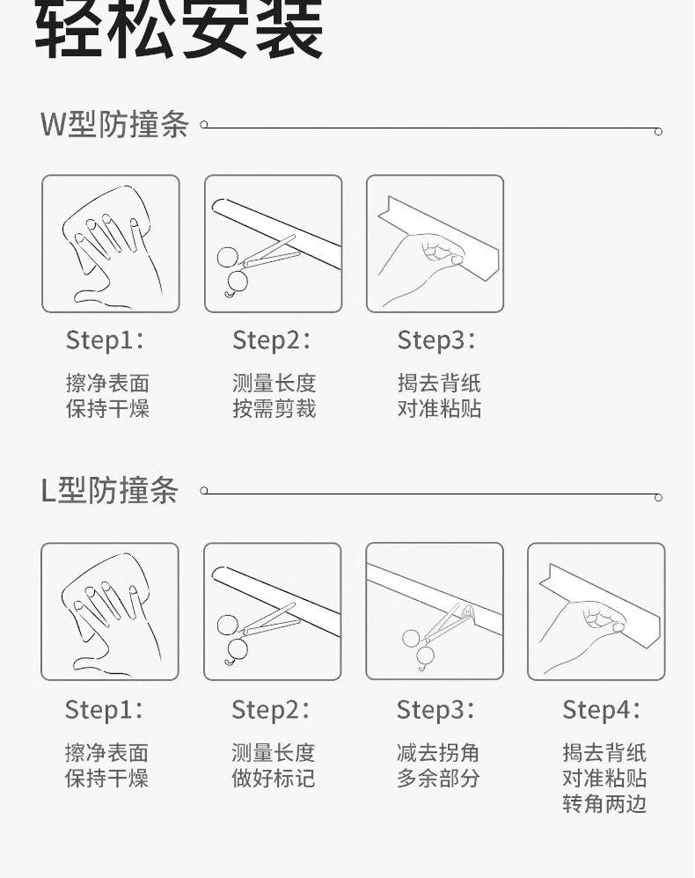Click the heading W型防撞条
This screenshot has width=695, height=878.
click(114, 124)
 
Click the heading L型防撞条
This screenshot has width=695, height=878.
click(110, 490)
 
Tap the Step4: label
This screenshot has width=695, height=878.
click(602, 709)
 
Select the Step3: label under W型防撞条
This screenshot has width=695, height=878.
click(437, 340)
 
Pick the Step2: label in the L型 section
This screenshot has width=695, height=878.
click(271, 709)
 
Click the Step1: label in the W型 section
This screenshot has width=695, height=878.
click(106, 340)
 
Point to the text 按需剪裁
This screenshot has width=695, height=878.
click(274, 408)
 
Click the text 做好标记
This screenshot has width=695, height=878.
click(274, 778)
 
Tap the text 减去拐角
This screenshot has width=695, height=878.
click(438, 752)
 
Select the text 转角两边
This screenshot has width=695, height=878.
click(605, 803)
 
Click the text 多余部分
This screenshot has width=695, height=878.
click(438, 778)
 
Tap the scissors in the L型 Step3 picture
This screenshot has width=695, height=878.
click(436, 636)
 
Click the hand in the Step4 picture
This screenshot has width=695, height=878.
click(582, 635)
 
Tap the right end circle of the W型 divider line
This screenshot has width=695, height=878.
click(659, 132)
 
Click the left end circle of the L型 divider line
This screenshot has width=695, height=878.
click(204, 491)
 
